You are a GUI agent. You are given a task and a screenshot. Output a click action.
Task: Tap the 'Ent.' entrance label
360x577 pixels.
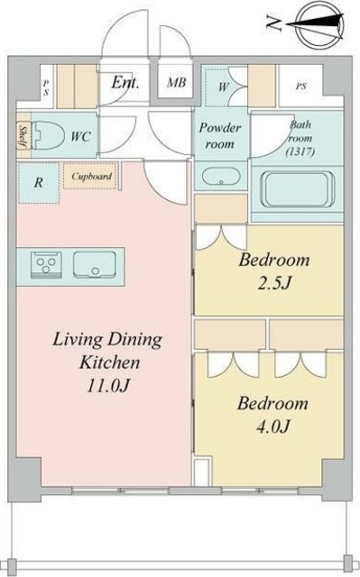[125, 84]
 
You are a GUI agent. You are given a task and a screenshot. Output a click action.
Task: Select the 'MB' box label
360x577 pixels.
[177, 85]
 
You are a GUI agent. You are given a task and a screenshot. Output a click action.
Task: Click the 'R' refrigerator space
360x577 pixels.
[38, 181]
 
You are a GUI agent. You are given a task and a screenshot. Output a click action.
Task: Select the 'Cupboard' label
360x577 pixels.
[91, 177]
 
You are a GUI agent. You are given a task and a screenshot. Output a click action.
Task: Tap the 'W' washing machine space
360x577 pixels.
[223, 87]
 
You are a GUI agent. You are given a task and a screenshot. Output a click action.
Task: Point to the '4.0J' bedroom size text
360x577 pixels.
[272, 426]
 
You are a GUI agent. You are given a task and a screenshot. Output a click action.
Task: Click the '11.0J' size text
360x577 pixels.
[106, 388]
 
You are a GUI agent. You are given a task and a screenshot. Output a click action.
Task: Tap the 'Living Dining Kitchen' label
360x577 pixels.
[106, 352]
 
